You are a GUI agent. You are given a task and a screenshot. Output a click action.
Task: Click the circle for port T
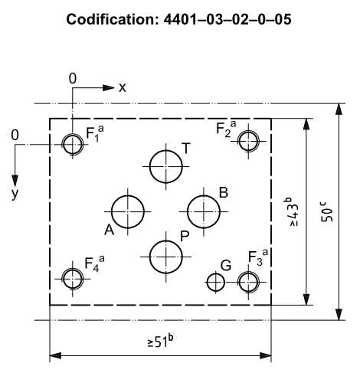[150, 167]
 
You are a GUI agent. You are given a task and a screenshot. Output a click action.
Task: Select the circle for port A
[112, 211]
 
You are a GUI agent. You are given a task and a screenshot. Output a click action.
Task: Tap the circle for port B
[188, 211]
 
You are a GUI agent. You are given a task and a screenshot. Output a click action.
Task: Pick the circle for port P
[150, 257]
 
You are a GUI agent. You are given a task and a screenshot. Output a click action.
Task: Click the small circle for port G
[208, 283]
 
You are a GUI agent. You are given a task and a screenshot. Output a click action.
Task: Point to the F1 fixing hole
[64, 145]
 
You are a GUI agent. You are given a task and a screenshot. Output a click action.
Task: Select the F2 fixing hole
[239, 141]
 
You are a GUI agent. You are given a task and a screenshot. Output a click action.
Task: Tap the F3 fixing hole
[239, 283]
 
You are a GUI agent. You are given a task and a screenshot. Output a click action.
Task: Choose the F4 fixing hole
[64, 279]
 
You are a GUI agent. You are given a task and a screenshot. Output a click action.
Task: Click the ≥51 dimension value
[161, 342]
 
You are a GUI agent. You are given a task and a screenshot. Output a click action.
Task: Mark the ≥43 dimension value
[291, 212]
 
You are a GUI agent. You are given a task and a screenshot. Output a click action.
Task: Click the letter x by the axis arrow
[123, 88]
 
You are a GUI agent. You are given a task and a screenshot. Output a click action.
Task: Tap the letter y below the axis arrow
[15, 195]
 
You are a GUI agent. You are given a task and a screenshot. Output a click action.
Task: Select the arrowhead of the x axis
[108, 88]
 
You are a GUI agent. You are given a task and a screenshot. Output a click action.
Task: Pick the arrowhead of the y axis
[15, 181]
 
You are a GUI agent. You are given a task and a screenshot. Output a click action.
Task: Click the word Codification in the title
[113, 19]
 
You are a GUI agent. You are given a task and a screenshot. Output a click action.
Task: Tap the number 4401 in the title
[180, 19]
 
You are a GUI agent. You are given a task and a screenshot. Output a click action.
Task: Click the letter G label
[226, 266]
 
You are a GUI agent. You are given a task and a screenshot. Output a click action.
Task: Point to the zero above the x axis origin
[73, 79]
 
